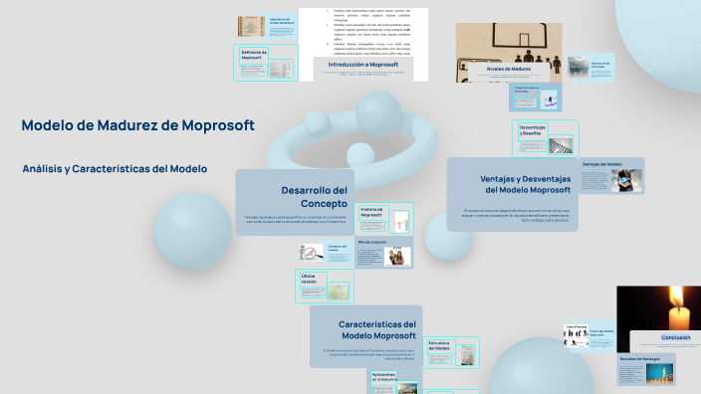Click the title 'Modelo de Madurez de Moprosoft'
(x=137, y=125)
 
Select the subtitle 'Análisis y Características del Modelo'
(x=115, y=169)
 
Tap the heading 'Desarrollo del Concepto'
(x=314, y=196)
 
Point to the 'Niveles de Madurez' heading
(x=521, y=69)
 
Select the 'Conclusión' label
(x=676, y=337)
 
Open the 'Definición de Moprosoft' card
(x=257, y=56)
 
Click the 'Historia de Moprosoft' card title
(x=370, y=212)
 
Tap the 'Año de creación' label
(x=370, y=242)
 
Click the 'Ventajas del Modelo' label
(x=601, y=164)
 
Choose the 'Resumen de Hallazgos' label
(x=640, y=357)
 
